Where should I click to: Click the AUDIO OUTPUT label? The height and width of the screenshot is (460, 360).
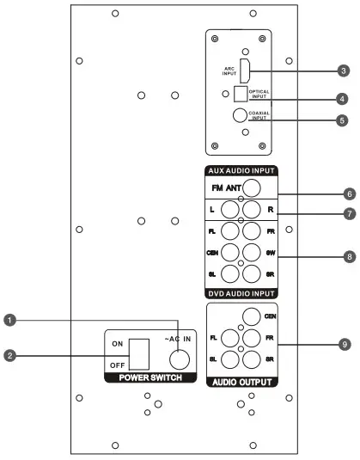pos(244,380)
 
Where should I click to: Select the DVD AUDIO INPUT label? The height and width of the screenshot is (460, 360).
pos(245,291)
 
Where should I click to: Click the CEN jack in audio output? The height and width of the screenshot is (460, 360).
pos(250,316)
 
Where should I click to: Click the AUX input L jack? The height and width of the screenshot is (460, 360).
pos(231,209)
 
